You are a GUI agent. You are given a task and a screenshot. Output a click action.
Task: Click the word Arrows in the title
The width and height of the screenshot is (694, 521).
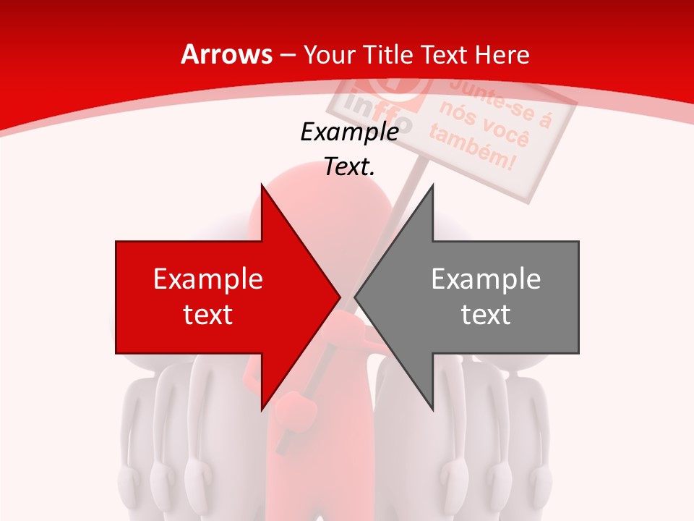(227, 54)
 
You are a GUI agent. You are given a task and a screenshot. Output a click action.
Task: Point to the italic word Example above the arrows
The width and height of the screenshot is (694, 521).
(350, 132)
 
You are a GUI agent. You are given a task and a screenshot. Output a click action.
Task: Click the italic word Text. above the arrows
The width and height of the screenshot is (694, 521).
(350, 166)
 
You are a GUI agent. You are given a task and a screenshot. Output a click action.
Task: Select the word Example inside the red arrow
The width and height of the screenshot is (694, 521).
(208, 279)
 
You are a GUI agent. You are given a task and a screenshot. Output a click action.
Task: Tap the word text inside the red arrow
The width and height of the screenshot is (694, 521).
(208, 314)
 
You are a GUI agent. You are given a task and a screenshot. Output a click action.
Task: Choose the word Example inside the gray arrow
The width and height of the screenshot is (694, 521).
(486, 279)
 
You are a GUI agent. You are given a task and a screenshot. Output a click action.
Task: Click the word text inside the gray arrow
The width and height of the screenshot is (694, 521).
(486, 314)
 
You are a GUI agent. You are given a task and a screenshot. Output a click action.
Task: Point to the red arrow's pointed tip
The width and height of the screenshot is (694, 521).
(340, 297)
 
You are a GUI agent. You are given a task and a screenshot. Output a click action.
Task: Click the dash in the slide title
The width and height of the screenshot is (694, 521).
(286, 54)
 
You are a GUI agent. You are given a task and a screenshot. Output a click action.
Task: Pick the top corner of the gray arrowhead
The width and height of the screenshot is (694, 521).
(432, 185)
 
